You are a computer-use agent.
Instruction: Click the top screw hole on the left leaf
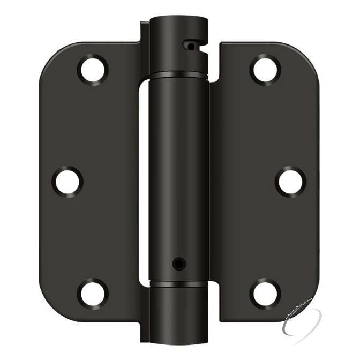click(x=93, y=69)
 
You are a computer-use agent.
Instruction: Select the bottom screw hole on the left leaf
click(x=93, y=292)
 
